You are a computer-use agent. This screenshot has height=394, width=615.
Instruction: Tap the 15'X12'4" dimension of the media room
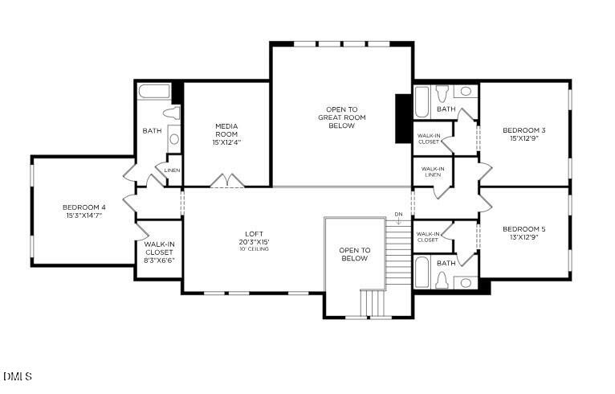(x=226, y=142)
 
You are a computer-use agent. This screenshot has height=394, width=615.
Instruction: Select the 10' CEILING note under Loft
(x=254, y=249)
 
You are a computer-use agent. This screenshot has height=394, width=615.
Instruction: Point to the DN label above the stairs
(x=398, y=214)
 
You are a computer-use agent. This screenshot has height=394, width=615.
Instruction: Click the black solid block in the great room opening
(x=404, y=119)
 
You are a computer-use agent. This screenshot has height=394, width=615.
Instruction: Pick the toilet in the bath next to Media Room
(x=171, y=114)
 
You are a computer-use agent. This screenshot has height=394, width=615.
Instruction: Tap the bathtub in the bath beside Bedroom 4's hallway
(x=153, y=92)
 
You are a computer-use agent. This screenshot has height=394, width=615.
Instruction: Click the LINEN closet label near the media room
(x=172, y=170)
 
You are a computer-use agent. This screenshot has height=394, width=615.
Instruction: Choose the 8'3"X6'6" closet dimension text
(x=159, y=261)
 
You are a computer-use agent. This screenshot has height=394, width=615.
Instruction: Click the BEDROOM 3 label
(x=524, y=130)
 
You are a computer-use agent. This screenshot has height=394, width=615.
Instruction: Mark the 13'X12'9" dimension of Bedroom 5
(x=524, y=238)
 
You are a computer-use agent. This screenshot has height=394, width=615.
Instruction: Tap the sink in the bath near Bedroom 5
(x=465, y=282)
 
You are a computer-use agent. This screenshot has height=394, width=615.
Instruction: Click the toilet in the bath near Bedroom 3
(x=443, y=91)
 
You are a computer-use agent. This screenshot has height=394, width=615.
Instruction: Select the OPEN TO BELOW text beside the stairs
(x=354, y=254)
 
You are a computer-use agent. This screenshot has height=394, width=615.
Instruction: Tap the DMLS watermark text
(x=17, y=376)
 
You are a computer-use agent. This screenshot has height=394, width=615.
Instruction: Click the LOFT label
(x=254, y=234)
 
